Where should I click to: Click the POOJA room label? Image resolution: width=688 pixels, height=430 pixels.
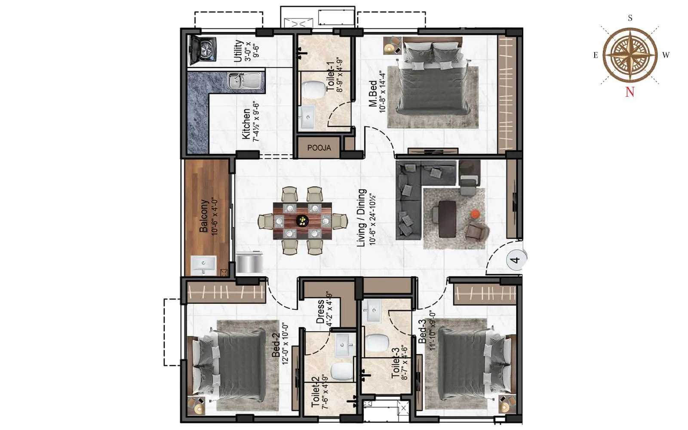tap(319, 148)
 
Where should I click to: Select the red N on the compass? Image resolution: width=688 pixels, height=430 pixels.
tap(630, 92)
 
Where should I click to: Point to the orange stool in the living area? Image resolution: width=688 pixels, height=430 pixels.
tap(475, 214)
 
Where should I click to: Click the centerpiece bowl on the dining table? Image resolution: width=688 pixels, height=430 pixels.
tap(303, 221)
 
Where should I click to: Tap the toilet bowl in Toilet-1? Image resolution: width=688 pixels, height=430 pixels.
tap(314, 89)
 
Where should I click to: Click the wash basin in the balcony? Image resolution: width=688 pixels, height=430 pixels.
tap(203, 264)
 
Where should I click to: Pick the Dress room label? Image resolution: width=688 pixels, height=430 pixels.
tap(320, 312)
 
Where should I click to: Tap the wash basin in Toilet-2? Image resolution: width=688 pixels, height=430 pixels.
tap(345, 345)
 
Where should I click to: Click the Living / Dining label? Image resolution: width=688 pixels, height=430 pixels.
tap(362, 218)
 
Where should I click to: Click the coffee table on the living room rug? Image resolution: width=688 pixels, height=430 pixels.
tap(447, 219)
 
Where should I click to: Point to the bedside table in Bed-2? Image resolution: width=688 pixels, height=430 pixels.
tap(198, 405)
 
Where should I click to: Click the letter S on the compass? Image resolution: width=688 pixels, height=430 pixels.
tap(630, 18)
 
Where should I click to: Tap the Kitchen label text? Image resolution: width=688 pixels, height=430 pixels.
tap(246, 124)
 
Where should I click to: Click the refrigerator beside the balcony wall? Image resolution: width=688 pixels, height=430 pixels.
tap(249, 262)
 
